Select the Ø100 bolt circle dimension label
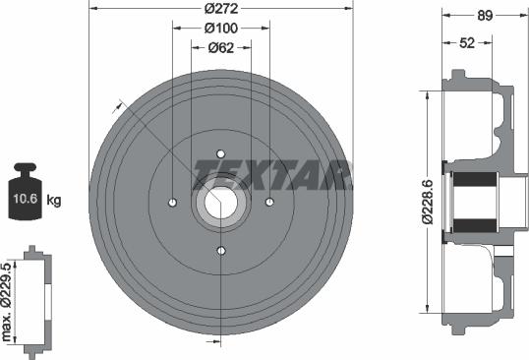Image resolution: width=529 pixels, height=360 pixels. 220,30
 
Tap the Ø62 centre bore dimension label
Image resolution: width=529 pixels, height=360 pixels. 220,46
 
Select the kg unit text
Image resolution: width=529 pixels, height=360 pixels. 55,201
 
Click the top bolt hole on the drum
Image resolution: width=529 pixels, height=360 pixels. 220,153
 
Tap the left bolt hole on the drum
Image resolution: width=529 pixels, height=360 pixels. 172,202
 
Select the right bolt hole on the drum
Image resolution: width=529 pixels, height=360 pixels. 268,202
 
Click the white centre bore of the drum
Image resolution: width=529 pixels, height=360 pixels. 220,202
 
